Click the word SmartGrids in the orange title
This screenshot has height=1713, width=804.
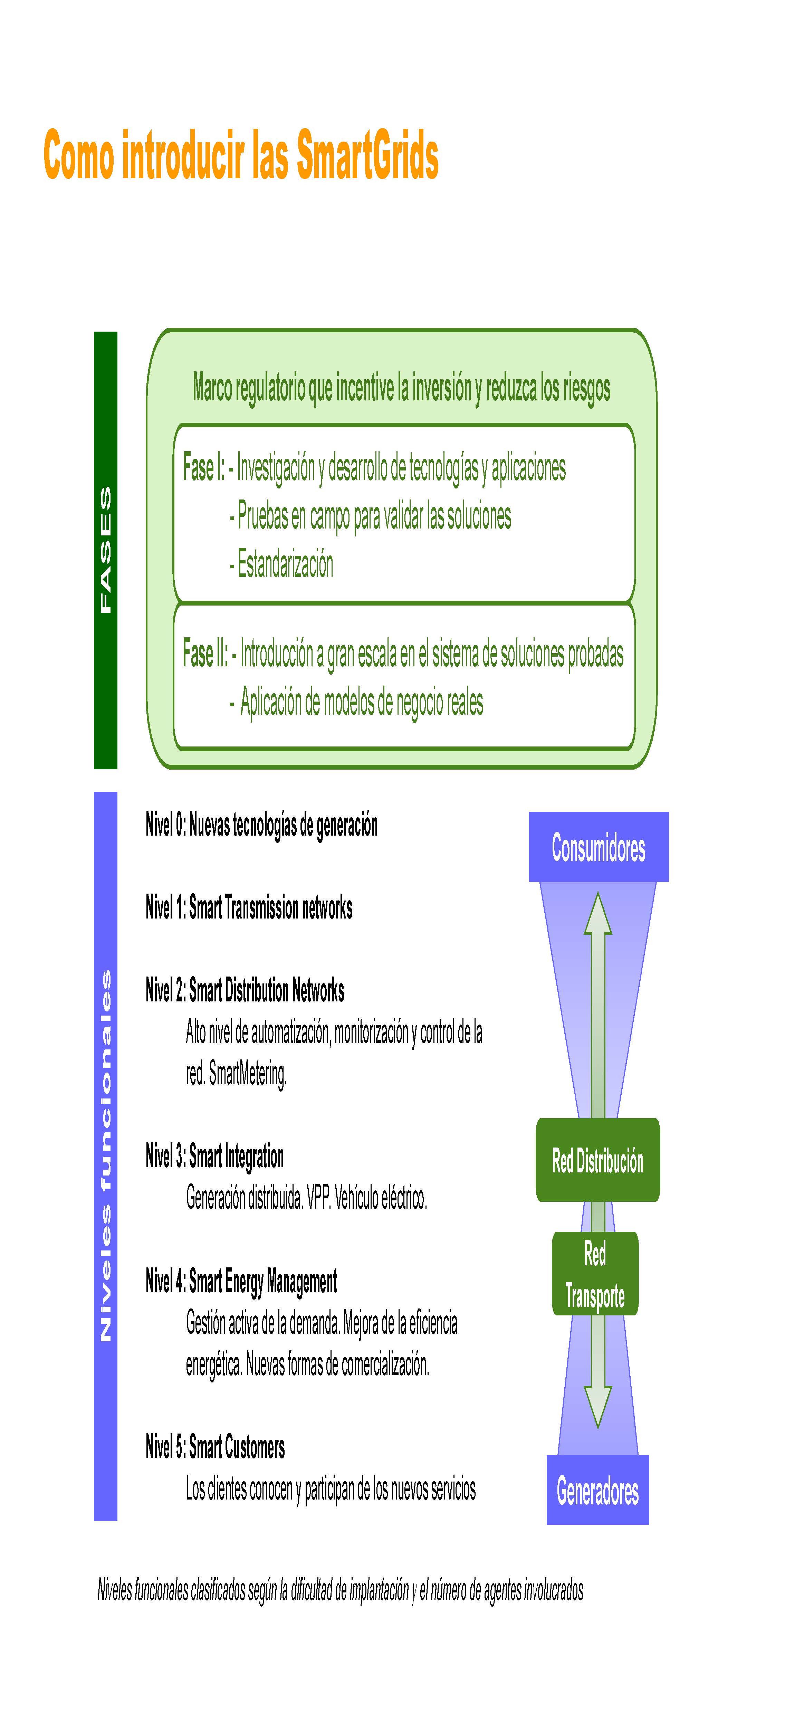367,155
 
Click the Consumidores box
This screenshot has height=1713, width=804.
599,847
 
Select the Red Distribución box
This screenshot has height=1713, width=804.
598,1160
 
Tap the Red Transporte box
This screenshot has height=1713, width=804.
595,1274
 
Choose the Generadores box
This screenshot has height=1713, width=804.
598,1490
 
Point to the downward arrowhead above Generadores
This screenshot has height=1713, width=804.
598,1407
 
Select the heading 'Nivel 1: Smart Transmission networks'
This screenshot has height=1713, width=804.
249,908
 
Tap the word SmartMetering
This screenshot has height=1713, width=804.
247,1074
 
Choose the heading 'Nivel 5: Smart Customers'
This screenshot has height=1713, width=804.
215,1447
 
